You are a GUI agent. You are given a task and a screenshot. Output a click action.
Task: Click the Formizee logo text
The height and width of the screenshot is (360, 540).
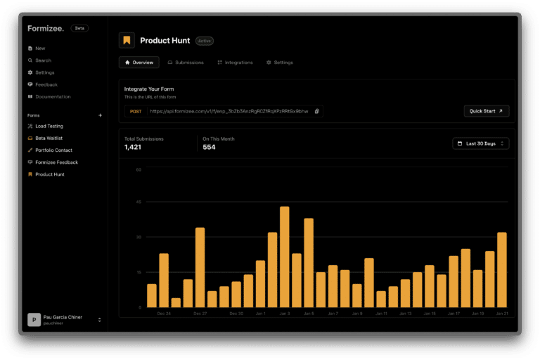coord(46,28)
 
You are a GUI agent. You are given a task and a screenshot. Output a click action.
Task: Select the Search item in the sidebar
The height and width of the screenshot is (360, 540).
coord(43,60)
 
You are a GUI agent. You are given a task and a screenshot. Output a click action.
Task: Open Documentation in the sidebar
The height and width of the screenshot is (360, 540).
coord(53,96)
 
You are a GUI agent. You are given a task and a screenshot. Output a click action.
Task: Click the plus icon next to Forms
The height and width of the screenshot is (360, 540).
coord(100,115)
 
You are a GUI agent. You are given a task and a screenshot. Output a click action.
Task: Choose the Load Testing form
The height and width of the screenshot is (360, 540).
coord(49,126)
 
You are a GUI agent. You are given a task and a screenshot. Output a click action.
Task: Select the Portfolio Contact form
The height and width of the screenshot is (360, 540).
coord(53,150)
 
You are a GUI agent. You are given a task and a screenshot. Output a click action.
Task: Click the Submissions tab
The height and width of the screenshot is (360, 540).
coord(186,63)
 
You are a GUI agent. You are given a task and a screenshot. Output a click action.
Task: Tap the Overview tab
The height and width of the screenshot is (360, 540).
coord(139,63)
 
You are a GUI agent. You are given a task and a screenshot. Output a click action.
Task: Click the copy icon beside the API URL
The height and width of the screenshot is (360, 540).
coord(317,111)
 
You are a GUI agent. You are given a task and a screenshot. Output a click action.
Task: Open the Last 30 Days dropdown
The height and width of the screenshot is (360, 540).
coord(480,143)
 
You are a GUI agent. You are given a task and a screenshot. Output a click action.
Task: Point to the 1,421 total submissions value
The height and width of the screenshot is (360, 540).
coord(134,147)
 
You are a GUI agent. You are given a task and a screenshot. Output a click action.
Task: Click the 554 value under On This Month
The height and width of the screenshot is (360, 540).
coord(209,147)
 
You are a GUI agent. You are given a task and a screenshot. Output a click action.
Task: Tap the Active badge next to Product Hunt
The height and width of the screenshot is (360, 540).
coord(204,41)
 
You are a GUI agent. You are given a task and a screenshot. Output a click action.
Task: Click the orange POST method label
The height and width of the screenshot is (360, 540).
coord(136,111)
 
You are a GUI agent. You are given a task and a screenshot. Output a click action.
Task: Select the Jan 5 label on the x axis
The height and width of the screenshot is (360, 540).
coord(309,313)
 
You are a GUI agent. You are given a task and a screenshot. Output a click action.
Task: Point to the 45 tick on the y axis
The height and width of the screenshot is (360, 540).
coord(139,202)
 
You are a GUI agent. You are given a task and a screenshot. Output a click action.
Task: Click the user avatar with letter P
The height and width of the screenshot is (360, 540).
coord(34,319)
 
